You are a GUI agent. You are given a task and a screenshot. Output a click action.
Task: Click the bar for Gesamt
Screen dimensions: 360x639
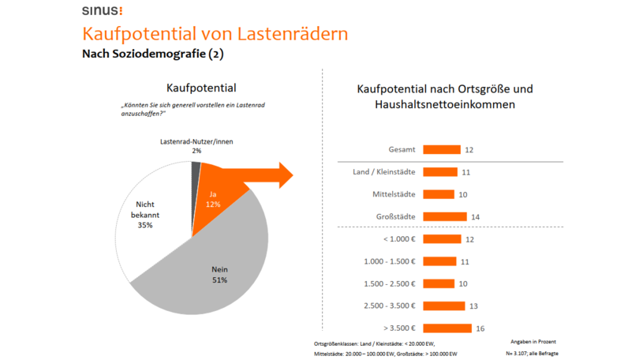(442, 149)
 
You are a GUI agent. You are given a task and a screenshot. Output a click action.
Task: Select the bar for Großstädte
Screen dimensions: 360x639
(445, 216)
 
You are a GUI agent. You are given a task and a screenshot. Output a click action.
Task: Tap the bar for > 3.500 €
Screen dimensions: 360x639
(447, 328)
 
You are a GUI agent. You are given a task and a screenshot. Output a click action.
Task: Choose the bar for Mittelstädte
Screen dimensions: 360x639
(439, 194)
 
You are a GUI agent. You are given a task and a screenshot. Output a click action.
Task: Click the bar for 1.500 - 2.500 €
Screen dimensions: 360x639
(439, 283)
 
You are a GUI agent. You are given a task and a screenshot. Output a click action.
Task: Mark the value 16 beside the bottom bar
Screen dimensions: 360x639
(480, 328)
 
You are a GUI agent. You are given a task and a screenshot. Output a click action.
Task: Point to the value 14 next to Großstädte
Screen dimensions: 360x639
(475, 216)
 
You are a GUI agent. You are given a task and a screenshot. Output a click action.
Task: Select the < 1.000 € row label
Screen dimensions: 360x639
(398, 239)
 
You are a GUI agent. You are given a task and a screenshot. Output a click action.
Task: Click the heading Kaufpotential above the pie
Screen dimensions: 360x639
(201, 88)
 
